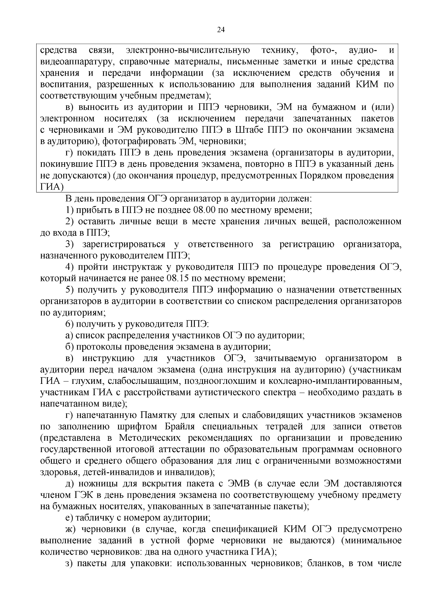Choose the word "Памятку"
pos(158,415)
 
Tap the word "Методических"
pos(149,438)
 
